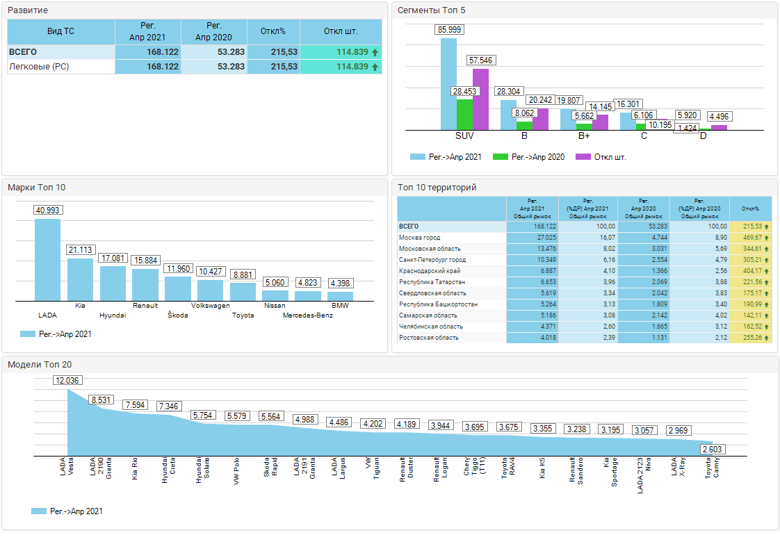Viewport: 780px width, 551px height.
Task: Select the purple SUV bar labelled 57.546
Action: tap(480, 99)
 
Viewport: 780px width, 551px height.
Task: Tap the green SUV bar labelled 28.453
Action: tap(464, 114)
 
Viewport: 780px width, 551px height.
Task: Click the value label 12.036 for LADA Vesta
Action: tap(67, 380)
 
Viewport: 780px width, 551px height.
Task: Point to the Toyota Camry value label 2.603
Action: tap(711, 450)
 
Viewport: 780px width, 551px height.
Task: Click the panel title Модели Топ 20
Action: tap(40, 364)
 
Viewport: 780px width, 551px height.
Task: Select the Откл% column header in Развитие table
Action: tap(273, 31)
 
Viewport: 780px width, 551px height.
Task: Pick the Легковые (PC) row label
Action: tap(39, 67)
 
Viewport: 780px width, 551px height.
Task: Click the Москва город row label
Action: tap(420, 238)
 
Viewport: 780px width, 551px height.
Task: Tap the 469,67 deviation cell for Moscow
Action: tap(754, 238)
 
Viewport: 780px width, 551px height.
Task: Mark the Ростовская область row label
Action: tap(428, 338)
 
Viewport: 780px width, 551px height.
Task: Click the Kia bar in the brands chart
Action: tap(80, 279)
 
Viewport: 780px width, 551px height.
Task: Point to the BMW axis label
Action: tap(340, 306)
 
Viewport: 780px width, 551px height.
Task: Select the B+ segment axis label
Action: tap(584, 135)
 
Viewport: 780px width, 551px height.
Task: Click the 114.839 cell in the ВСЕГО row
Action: tap(341, 52)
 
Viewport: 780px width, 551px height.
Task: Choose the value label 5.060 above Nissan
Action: tap(275, 283)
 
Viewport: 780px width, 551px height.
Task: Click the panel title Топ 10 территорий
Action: tap(437, 188)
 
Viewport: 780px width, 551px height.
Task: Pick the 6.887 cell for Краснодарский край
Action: tap(532, 271)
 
